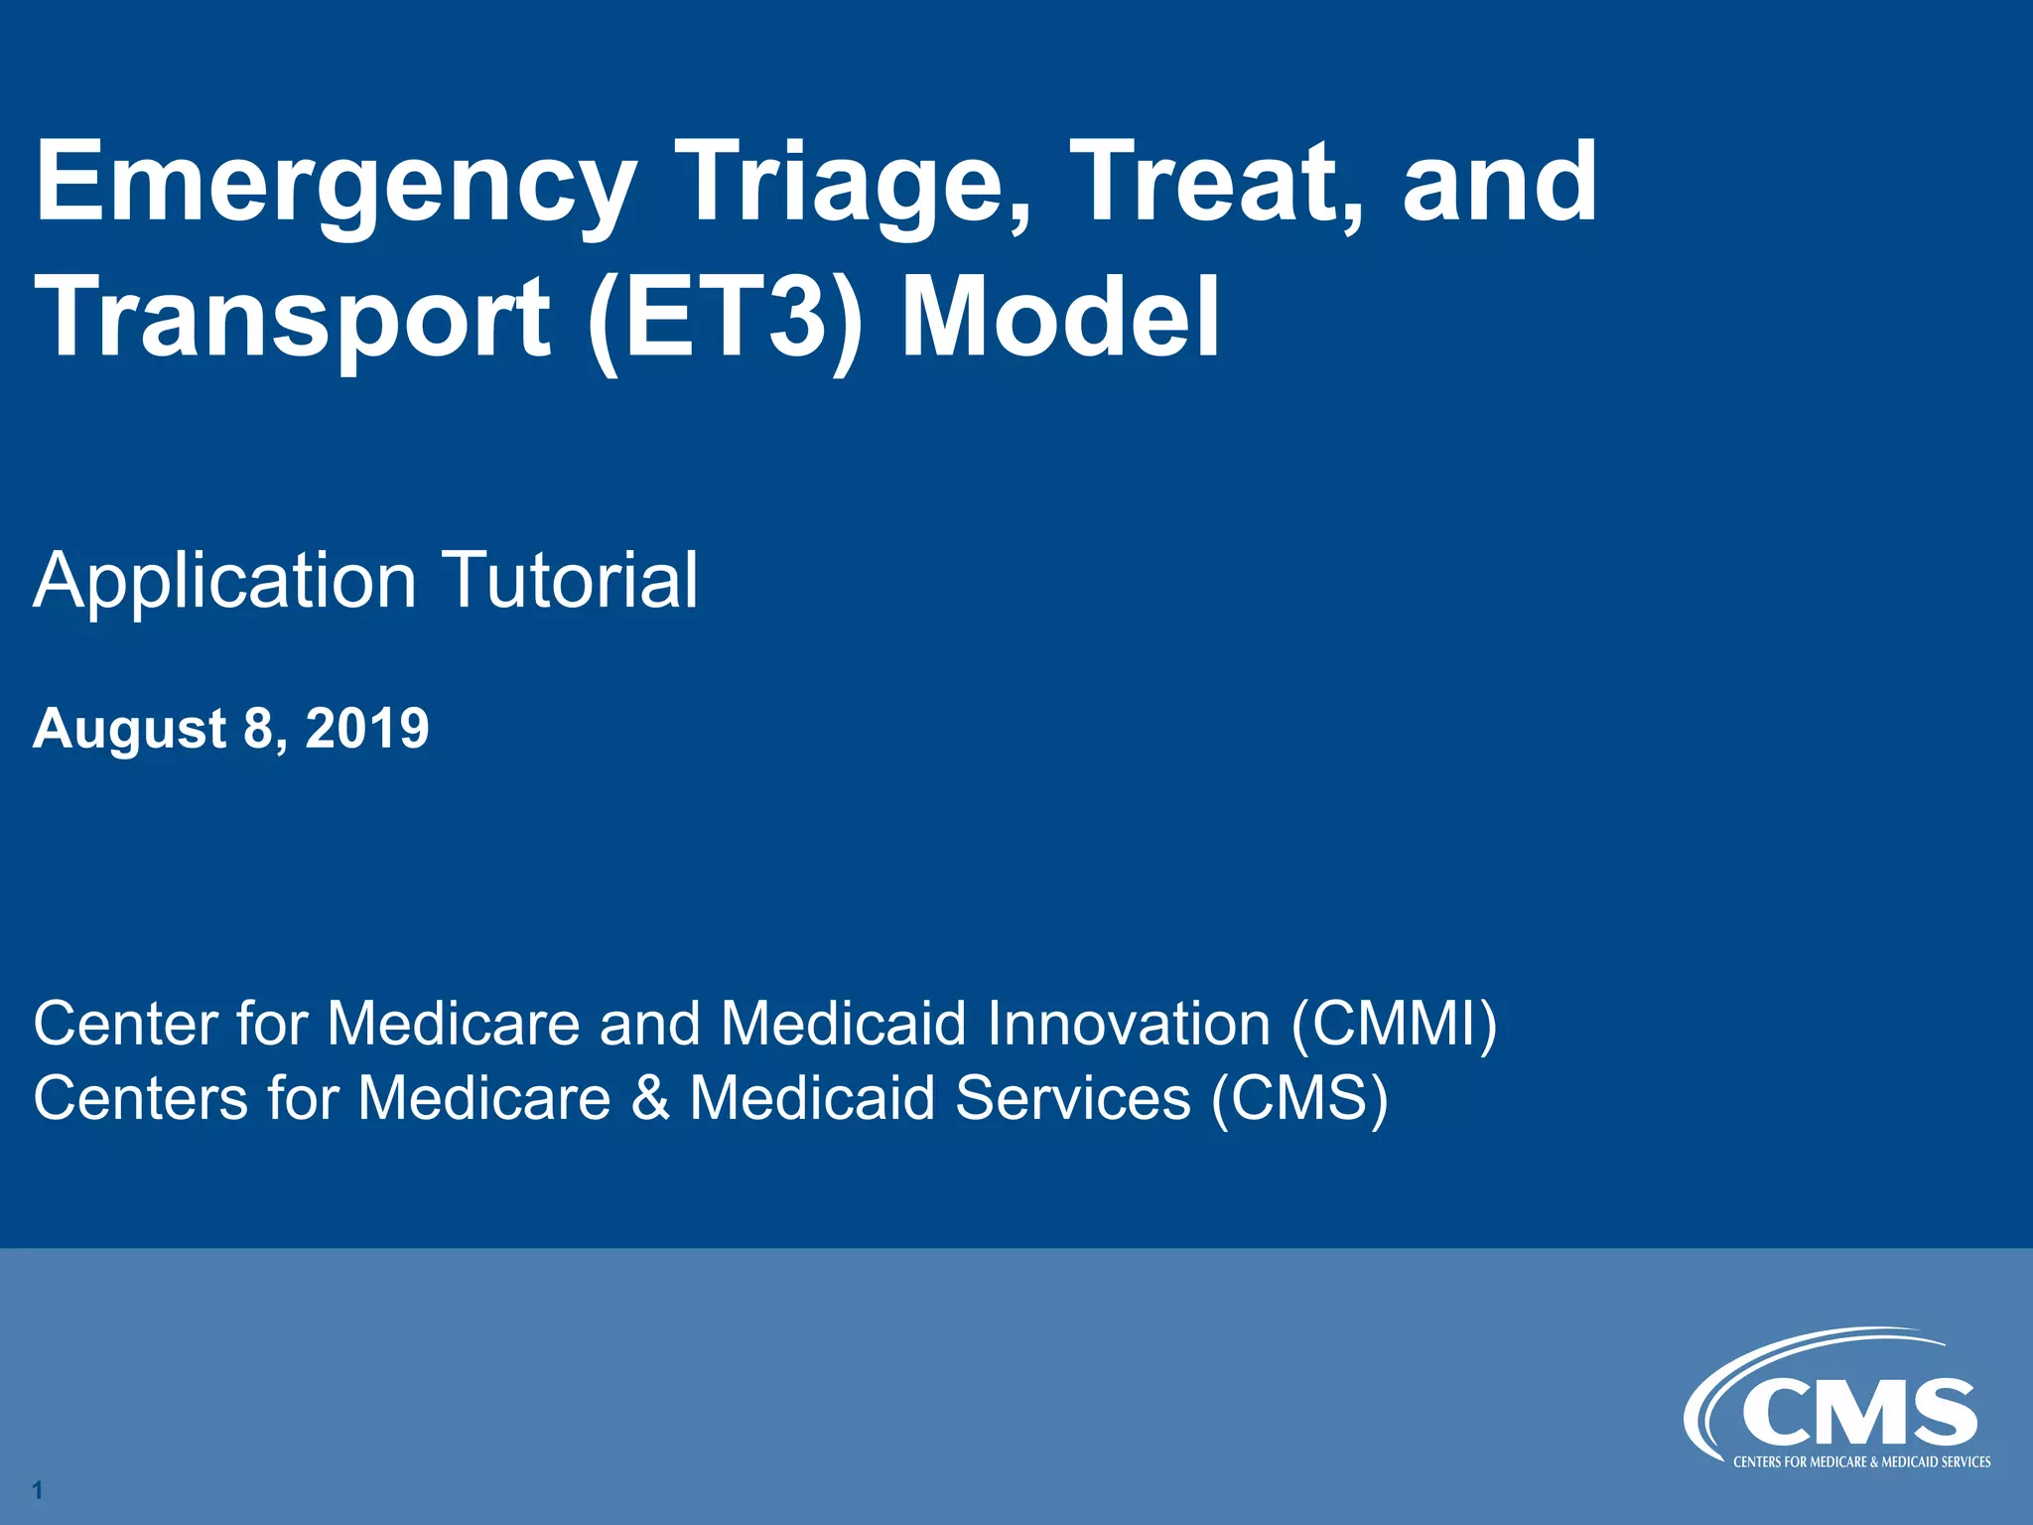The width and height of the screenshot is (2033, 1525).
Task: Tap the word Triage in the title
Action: coord(854,184)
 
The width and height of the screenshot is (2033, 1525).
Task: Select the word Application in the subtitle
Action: coord(224,582)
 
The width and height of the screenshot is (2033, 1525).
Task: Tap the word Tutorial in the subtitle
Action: coord(570,580)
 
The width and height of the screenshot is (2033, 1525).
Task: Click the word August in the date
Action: coord(130,730)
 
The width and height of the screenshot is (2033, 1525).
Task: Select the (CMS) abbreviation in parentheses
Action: coord(1299,1098)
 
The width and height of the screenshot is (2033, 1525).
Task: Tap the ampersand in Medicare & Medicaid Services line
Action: coord(650,1098)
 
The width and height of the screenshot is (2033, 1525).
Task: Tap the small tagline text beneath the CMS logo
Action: coord(1861,1462)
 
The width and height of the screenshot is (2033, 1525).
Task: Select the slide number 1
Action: coord(37,1489)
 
